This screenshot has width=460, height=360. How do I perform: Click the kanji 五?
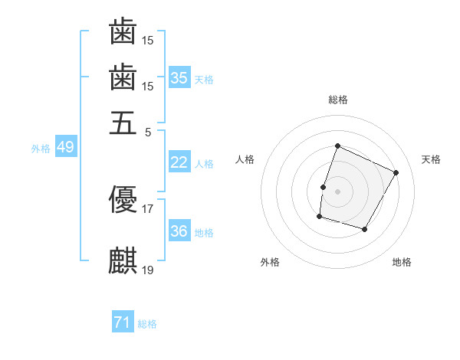pos(123,123)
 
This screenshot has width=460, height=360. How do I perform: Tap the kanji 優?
pos(123,200)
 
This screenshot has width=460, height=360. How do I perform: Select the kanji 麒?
pos(123,261)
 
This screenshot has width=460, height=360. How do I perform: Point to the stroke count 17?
pos(148,208)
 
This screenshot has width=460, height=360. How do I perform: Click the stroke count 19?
pos(148,270)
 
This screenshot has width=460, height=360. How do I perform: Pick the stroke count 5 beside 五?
pos(148,132)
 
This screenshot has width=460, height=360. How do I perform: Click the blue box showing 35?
pos(179,77)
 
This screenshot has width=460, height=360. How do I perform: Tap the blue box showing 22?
pos(179,162)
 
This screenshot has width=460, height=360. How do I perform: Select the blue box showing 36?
pos(179,231)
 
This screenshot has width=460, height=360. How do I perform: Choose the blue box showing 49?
pos(65,147)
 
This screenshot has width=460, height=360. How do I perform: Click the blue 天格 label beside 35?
pos(204,79)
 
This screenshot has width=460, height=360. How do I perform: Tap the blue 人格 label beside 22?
pos(204,164)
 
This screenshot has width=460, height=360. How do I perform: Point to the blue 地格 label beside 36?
pos(204,233)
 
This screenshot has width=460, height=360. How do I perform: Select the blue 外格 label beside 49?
pos(41,149)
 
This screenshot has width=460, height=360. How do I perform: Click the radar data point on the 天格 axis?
pos(396,172)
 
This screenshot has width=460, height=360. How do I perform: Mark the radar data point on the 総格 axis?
pos(337,146)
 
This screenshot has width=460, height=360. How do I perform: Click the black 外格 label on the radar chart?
pos(270,263)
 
